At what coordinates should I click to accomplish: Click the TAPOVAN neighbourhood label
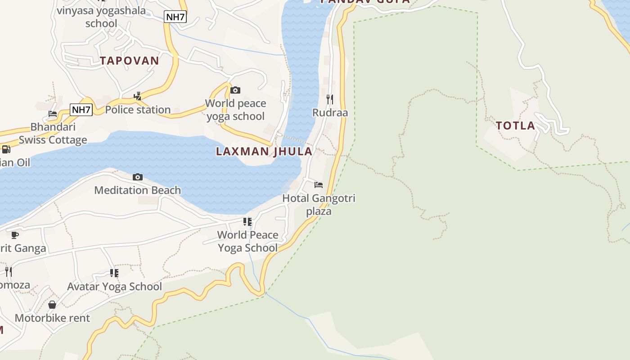[x=130, y=61]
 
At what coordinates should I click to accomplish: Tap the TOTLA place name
[x=516, y=126]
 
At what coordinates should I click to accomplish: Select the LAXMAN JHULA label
[x=264, y=151]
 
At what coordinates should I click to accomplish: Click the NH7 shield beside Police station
[x=81, y=109]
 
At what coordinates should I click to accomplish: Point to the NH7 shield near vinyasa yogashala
[x=175, y=17]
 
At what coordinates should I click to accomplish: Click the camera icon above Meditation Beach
[x=138, y=177]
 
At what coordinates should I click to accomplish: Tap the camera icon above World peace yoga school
[x=235, y=90]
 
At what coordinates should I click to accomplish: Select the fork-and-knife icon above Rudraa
[x=330, y=99]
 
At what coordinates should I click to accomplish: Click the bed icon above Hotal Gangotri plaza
[x=319, y=184]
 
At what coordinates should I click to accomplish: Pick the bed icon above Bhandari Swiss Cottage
[x=53, y=114]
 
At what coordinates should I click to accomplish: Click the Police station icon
[x=138, y=96]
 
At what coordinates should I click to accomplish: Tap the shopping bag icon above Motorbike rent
[x=52, y=305]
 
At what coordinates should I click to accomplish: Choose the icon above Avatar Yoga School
[x=114, y=273]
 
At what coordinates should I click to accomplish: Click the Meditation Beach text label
[x=138, y=190]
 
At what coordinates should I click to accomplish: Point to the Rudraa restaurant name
[x=330, y=112]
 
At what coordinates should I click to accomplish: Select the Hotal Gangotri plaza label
[x=319, y=205]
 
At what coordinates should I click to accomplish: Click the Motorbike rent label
[x=52, y=318]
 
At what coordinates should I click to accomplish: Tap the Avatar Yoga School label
[x=114, y=287]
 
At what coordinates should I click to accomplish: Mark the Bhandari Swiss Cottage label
[x=53, y=134]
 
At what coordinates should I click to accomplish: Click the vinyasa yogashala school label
[x=101, y=17]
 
